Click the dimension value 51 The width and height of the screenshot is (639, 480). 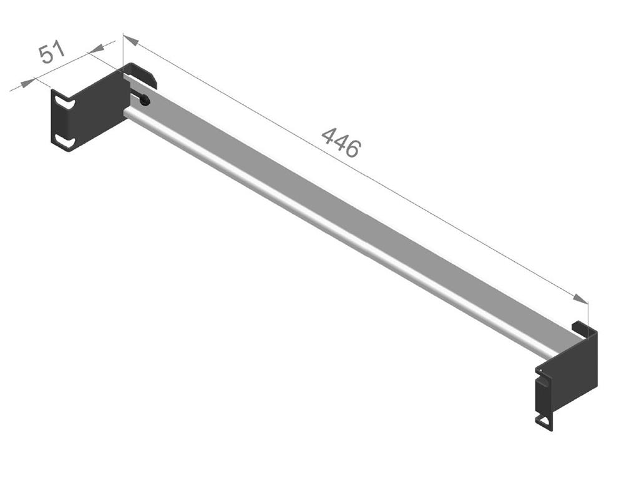[x=51, y=52]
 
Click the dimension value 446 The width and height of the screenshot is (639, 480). [x=341, y=142]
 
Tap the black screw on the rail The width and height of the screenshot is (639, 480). [x=145, y=101]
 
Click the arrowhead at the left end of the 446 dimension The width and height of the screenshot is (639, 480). [x=131, y=39]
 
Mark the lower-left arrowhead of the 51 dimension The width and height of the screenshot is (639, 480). [x=27, y=83]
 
